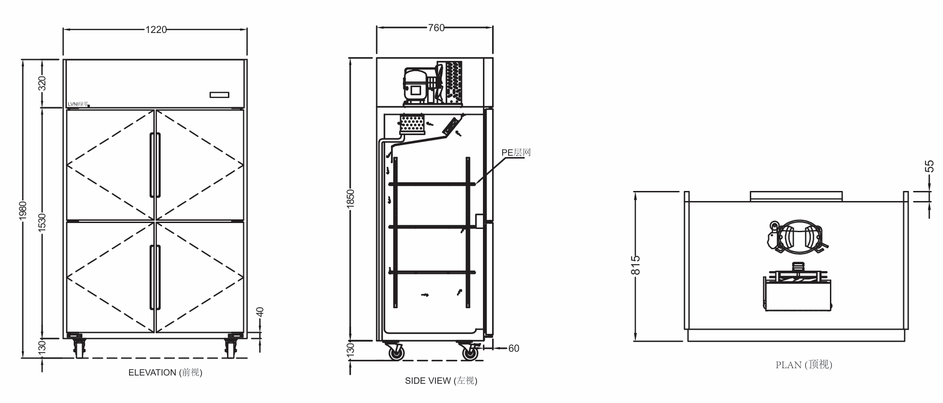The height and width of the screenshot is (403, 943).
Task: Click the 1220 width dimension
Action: tap(156, 30)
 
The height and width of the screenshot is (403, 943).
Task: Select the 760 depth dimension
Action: tap(436, 28)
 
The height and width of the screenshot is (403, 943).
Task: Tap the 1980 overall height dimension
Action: tap(23, 210)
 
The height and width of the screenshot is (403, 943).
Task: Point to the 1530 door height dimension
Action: tap(42, 223)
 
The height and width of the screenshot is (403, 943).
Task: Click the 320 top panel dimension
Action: tap(42, 84)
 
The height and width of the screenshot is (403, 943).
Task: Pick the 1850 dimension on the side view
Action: tap(351, 199)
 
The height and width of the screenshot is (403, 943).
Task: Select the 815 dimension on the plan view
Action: tap(635, 266)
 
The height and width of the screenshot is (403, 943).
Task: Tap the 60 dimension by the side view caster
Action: tap(514, 349)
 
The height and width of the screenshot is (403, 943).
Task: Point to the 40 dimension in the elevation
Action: tap(260, 312)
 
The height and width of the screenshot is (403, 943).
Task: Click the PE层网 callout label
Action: tap(516, 152)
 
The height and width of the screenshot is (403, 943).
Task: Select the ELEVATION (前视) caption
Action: tap(165, 373)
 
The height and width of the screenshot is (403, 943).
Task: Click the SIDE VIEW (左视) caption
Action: tap(441, 381)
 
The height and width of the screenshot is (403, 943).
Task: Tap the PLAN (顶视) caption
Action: tap(804, 365)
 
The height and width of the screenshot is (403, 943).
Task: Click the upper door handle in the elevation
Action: tap(155, 165)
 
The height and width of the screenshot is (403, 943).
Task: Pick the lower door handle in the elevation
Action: tap(155, 278)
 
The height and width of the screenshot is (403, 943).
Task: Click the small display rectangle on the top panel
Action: tap(219, 95)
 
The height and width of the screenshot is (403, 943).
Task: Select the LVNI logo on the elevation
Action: tap(78, 104)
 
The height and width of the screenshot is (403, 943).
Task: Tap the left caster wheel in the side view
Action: tap(396, 353)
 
